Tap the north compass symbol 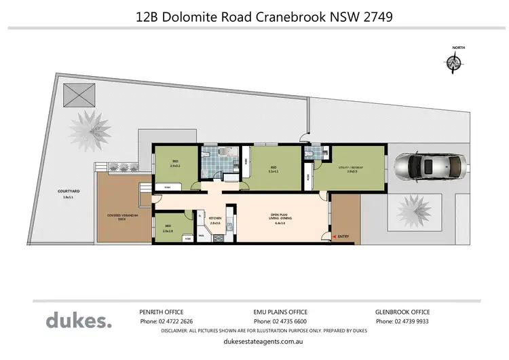[454, 62]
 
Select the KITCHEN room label [216, 221]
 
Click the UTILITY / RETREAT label [351, 168]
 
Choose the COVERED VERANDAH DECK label [120, 217]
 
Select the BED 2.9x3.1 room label [174, 164]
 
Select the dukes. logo [78, 320]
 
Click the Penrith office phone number [166, 321]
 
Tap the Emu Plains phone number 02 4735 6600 [280, 321]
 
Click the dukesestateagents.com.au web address [254, 344]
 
